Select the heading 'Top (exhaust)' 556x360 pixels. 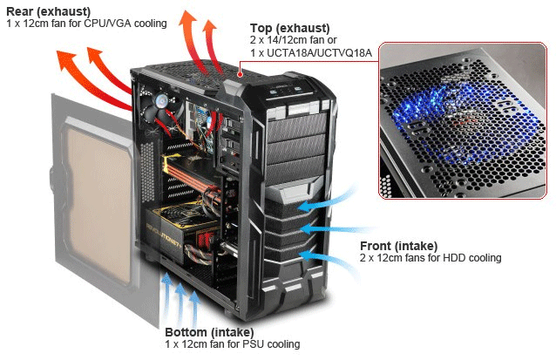(288, 27)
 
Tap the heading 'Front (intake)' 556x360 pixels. (398, 246)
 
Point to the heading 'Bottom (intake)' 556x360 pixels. (209, 332)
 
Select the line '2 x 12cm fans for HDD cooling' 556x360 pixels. (431, 258)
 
